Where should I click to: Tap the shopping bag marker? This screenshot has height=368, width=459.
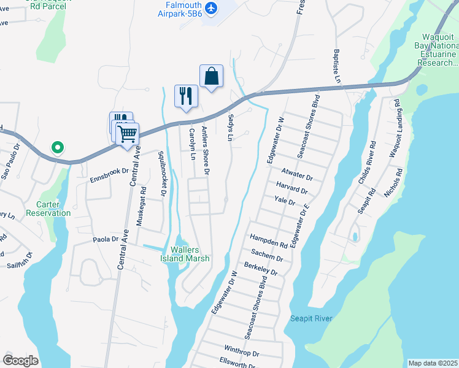(x=211, y=77)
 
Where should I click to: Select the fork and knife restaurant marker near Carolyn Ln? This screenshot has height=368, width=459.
(x=186, y=96)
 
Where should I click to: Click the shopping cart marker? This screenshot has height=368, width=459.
(x=128, y=134)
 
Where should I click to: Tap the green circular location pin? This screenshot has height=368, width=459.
(x=57, y=147)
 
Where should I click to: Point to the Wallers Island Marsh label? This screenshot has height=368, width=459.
(x=190, y=254)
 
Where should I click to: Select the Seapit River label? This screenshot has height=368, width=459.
(x=311, y=318)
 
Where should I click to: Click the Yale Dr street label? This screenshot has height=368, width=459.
(x=285, y=200)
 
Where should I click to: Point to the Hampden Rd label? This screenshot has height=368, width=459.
(x=268, y=240)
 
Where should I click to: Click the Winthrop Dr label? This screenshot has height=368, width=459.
(x=242, y=354)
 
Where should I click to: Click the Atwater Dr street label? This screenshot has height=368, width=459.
(x=298, y=175)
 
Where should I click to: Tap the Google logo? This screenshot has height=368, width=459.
(x=20, y=361)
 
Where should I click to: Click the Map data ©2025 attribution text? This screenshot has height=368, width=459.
(x=432, y=363)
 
